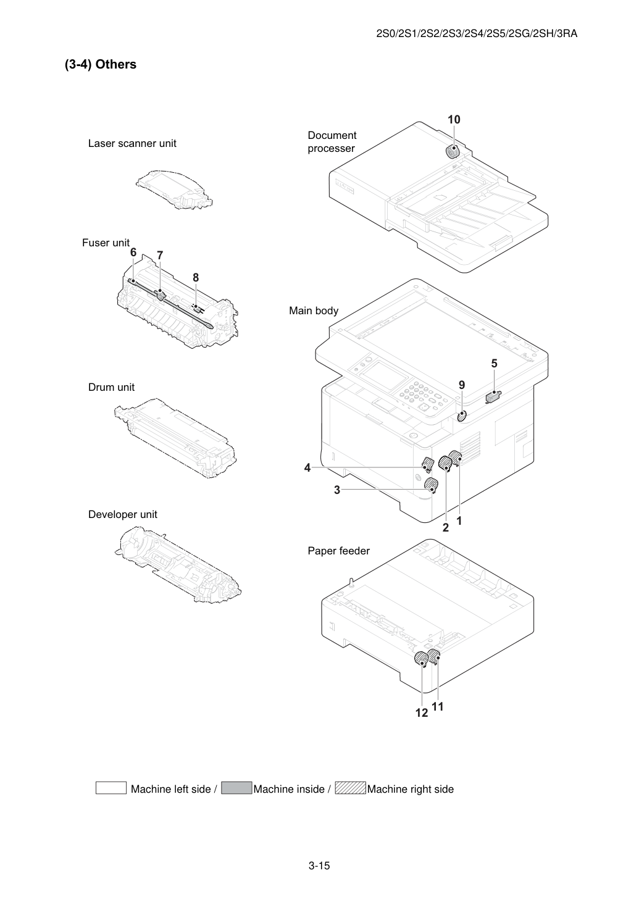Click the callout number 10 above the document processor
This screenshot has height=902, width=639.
tap(454, 120)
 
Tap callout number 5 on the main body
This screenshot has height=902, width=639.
tap(494, 364)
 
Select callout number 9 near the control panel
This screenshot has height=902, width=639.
tap(462, 385)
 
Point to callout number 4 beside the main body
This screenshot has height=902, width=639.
tap(307, 467)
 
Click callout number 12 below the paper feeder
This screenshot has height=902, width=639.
tap(422, 712)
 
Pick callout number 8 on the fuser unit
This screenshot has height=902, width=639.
tap(196, 277)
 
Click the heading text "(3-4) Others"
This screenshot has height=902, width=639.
tap(101, 64)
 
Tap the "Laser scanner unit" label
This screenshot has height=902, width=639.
tap(132, 143)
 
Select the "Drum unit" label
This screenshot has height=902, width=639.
tap(111, 387)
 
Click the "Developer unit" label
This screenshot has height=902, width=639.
tap(122, 514)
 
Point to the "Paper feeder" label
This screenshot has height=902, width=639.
tap(338, 551)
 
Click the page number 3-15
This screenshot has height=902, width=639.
tap(319, 866)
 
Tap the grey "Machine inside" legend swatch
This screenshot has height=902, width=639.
tap(236, 788)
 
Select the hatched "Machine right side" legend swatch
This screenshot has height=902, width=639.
tap(350, 788)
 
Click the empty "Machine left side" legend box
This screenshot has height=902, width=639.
tap(111, 788)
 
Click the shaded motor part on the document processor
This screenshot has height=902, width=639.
tap(453, 152)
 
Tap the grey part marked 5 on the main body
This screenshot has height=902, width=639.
tap(494, 396)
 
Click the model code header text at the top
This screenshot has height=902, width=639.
tap(477, 33)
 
